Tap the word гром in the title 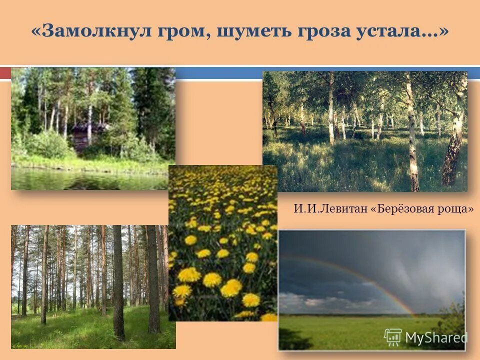tap(183, 31)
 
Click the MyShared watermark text tap(436, 338)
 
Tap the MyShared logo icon tap(393, 337)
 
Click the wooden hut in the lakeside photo tap(87, 136)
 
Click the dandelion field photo tap(222, 242)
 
